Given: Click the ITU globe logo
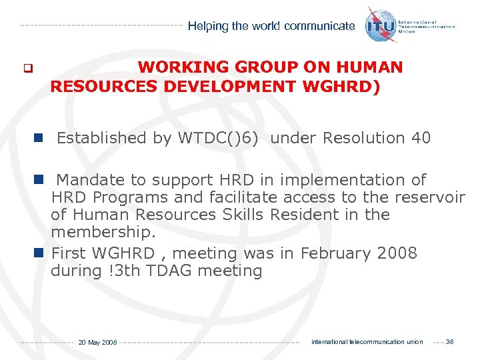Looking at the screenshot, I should pos(381,26).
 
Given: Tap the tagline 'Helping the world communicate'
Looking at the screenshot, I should pos(271,27).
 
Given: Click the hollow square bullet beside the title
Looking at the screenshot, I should pos(28,68).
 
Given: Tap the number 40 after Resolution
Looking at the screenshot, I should pos(421,138).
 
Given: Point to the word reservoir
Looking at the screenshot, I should pos(431,197).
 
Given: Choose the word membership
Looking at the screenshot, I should pos(103,232).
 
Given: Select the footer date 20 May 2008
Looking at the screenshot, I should pos(97,343).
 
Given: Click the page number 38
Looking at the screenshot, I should pos(449,342).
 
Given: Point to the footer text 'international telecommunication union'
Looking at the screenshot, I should pos(367,342).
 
